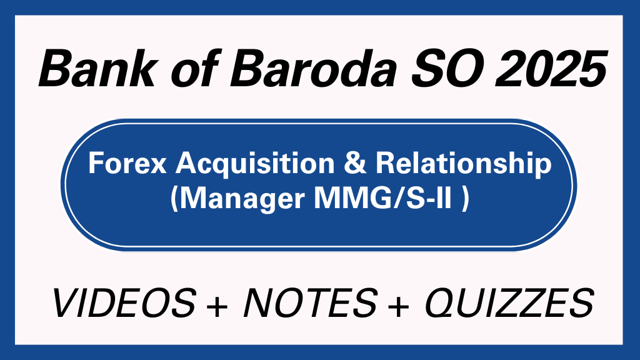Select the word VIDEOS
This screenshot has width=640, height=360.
point(123,304)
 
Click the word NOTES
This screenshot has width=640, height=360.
point(308,304)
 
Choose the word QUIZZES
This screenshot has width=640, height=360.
point(507,304)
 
